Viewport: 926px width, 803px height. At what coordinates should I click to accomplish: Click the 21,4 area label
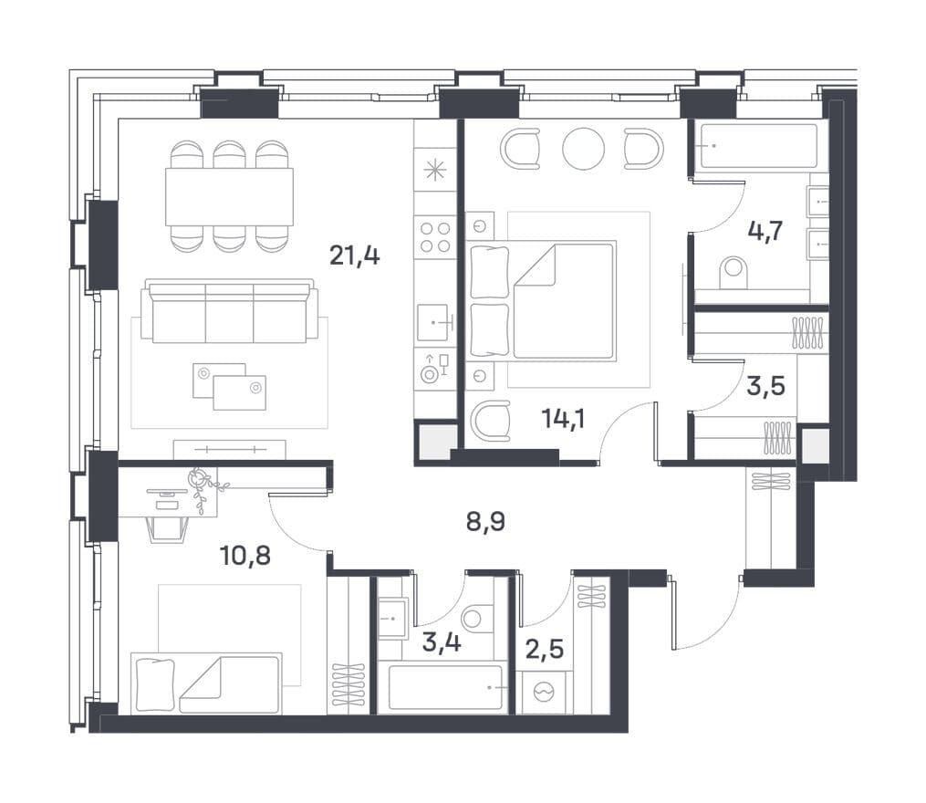pos(354,255)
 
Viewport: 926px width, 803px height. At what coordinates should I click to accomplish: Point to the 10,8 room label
pos(245,556)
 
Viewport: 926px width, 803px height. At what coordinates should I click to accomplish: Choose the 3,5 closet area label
pos(766,386)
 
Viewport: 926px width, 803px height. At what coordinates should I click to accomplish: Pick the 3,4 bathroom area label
pos(442,642)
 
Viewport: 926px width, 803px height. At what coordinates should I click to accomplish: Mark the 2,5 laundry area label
pos(544,649)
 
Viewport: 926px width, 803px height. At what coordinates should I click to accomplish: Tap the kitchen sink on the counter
pos(433,323)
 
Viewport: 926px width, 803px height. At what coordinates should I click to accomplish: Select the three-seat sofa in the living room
pos(230,313)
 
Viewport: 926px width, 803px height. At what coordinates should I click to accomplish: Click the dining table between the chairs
pos(229,197)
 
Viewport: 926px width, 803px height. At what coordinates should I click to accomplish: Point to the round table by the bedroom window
pos(584,150)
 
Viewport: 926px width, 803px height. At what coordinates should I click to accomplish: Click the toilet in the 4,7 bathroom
pos(734,274)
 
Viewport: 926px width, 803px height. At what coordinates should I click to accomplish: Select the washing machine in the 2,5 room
pos(544,692)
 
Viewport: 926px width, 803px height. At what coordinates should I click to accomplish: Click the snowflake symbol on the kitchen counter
pos(435,170)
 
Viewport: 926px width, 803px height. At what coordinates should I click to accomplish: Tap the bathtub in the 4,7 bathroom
pos(759,146)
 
